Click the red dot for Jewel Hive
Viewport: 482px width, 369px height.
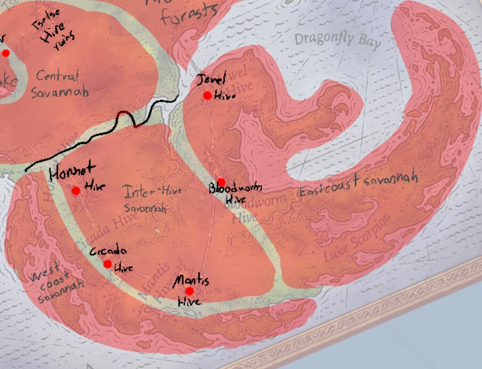(207, 96)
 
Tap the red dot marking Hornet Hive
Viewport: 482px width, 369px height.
(76, 190)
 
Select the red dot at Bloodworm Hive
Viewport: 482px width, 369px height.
(221, 182)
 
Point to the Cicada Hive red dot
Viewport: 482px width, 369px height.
(108, 264)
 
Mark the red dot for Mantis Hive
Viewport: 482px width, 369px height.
(189, 291)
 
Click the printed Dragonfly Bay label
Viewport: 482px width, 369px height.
(337, 40)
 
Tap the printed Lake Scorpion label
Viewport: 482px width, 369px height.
(359, 239)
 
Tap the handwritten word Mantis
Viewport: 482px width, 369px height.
(191, 280)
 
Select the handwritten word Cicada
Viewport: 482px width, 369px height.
(108, 251)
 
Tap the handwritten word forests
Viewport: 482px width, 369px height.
(189, 15)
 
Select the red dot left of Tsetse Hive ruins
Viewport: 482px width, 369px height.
(6, 53)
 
